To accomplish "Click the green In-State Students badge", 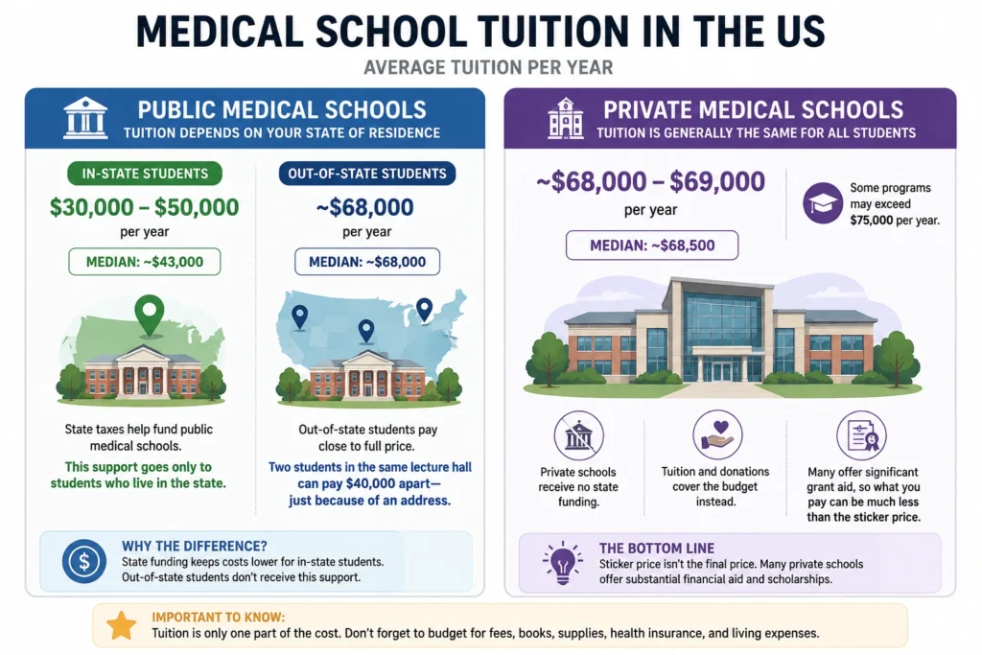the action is pyautogui.click(x=145, y=174).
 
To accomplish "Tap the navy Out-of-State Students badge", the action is pyautogui.click(x=367, y=174).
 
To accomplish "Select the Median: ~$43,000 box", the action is pyautogui.click(x=145, y=262).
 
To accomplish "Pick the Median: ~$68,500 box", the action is pyautogui.click(x=652, y=246).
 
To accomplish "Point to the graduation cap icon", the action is pyautogui.click(x=823, y=203).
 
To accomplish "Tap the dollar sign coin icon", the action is pyautogui.click(x=84, y=561).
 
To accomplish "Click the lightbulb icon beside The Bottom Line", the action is pyautogui.click(x=562, y=562).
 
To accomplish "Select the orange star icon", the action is pyautogui.click(x=122, y=625).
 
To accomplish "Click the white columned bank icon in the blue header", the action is pyautogui.click(x=85, y=118).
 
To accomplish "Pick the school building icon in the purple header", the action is pyautogui.click(x=566, y=118).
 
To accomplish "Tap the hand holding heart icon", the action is pyautogui.click(x=717, y=434).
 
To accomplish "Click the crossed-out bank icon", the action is pyautogui.click(x=578, y=435).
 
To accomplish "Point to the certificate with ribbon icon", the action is pyautogui.click(x=861, y=435).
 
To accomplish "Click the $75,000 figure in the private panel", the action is pyautogui.click(x=871, y=221).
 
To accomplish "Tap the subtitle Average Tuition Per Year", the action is pyautogui.click(x=488, y=67).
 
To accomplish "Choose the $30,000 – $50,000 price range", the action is pyautogui.click(x=145, y=207).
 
